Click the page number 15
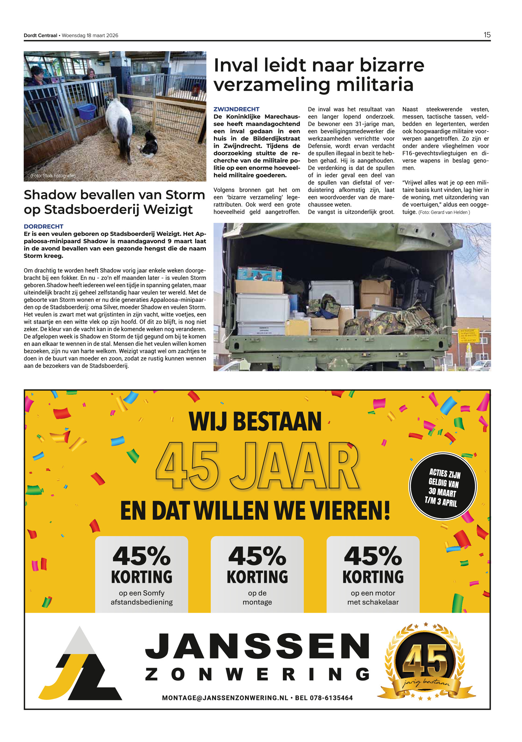[487, 35]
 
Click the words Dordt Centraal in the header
[40, 36]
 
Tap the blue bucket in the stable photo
[86, 111]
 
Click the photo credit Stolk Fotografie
[53, 176]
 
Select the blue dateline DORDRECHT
[43, 226]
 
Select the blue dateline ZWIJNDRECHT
[236, 109]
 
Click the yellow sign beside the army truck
[468, 336]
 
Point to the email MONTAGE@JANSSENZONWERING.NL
[225, 698]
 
